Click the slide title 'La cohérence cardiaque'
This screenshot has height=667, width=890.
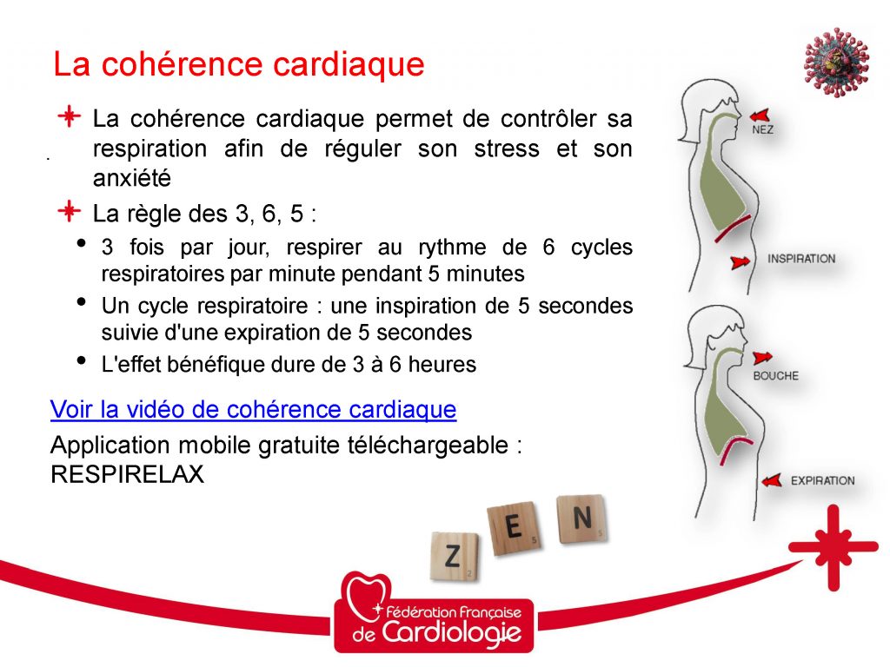point(239,63)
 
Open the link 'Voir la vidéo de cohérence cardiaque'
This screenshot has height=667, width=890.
point(253,410)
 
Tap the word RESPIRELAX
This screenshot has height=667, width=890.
point(127,474)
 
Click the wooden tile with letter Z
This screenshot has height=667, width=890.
point(454,557)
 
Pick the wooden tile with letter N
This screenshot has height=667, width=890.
point(581,518)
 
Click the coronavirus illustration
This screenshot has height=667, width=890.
point(836,63)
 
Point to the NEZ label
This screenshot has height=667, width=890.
point(762,130)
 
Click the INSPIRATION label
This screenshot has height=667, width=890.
point(801,259)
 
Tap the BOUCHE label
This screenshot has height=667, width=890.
point(776,375)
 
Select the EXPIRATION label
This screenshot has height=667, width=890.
point(822,481)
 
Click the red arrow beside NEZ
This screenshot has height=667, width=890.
point(760,116)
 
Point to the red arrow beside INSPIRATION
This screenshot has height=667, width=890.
point(740,262)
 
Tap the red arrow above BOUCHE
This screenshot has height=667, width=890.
point(762,358)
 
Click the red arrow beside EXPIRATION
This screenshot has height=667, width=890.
point(772,480)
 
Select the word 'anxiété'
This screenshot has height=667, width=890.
point(132,178)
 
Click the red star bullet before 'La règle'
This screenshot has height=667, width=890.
point(70,212)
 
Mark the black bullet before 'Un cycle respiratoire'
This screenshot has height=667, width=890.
point(82,301)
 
